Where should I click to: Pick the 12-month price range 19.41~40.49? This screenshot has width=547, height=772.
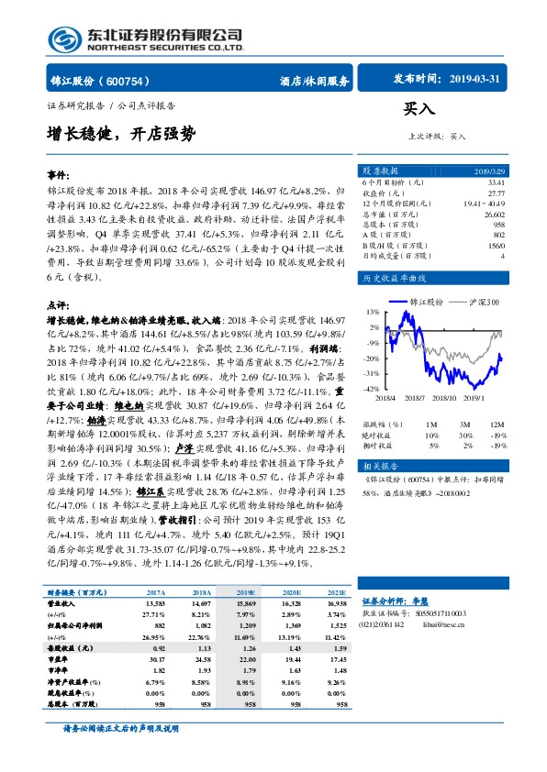click(484, 204)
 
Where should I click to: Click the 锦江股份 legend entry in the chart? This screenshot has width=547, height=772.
click(428, 301)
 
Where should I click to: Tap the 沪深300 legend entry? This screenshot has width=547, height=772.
click(485, 301)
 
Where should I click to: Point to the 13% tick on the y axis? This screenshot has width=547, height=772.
click(372, 312)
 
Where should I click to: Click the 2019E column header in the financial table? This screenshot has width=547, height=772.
click(249, 592)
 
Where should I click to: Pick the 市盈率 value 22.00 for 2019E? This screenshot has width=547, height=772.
click(248, 659)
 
